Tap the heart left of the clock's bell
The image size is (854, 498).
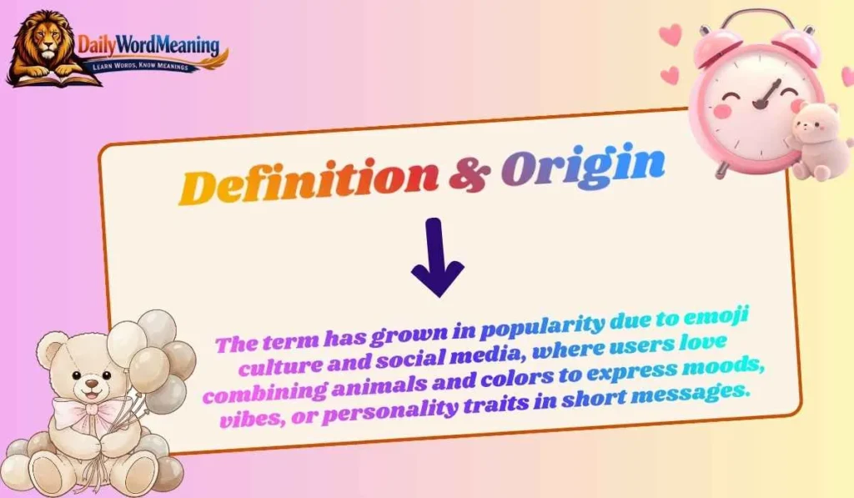[x=671, y=35]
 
